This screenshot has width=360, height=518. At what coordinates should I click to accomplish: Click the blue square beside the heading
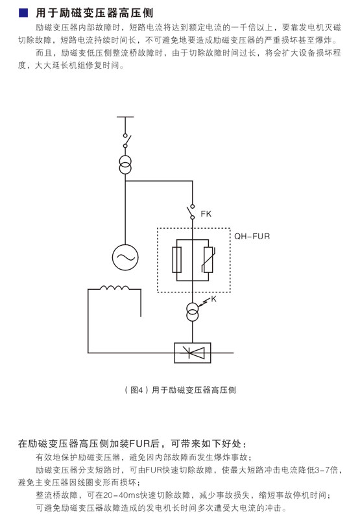(x=23, y=12)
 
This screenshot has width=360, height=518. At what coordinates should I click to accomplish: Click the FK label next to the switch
(x=206, y=214)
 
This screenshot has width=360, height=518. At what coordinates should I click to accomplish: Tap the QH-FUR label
(x=252, y=236)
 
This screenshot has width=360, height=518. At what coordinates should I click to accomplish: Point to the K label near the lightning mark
(x=213, y=299)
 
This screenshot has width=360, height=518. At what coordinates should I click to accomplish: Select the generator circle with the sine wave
(x=125, y=257)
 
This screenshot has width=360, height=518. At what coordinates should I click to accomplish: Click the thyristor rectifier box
(x=193, y=353)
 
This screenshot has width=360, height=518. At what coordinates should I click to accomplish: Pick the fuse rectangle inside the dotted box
(x=177, y=260)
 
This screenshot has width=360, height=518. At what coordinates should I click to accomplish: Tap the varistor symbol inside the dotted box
(x=208, y=260)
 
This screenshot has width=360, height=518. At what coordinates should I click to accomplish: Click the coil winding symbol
(x=114, y=288)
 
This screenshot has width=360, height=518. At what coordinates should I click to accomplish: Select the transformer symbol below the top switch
(x=125, y=165)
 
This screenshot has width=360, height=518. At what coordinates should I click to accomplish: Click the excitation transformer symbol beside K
(x=193, y=312)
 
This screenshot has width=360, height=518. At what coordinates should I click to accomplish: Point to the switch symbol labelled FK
(x=191, y=211)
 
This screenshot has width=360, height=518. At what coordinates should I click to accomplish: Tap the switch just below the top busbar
(x=126, y=141)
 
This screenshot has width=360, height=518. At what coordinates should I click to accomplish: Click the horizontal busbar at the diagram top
(x=125, y=117)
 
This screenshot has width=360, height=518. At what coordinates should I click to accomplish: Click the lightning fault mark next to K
(x=204, y=301)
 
